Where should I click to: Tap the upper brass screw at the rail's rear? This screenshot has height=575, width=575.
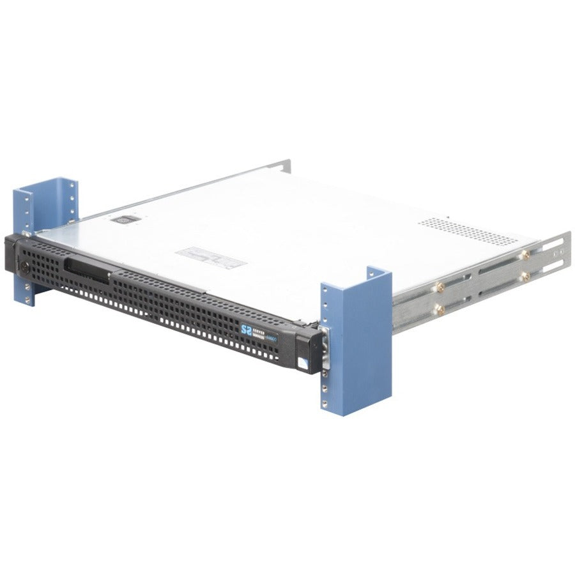[x=525, y=254]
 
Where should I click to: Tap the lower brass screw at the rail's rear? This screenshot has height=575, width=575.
[x=526, y=276]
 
